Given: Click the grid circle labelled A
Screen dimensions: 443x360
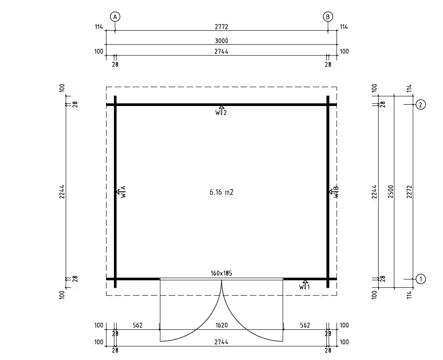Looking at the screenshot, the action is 115,17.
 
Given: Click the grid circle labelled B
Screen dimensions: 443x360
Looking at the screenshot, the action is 328,17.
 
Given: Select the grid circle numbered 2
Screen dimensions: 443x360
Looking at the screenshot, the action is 420,104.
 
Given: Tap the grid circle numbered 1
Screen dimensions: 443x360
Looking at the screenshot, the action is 420,279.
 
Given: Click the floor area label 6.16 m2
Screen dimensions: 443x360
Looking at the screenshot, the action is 221,192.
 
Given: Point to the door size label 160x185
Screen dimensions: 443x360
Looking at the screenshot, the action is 221,273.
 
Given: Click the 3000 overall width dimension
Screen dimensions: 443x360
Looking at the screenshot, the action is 221,41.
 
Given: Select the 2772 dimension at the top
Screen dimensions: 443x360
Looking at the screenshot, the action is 221,27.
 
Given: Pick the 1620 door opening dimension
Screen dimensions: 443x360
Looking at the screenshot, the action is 221,325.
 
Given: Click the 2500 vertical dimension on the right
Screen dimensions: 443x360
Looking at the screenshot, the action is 391,191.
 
